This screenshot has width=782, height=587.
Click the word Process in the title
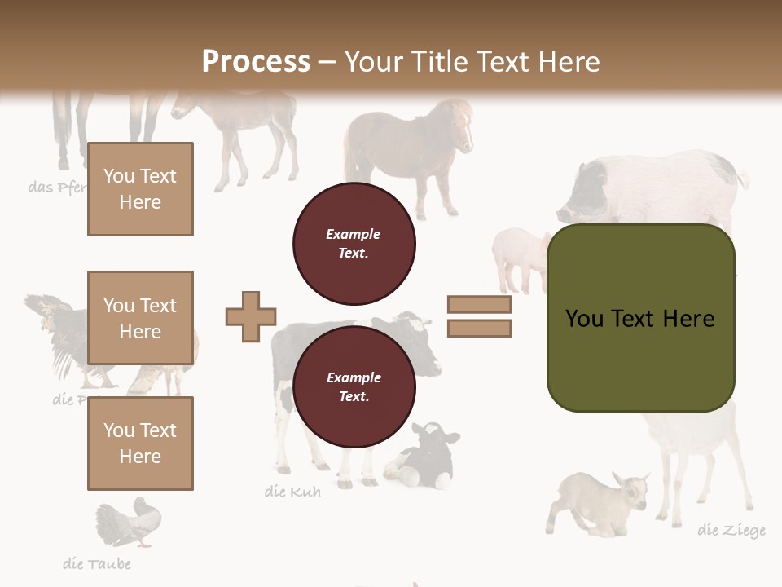tap(256, 62)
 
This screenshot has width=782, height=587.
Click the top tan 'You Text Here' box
tap(140, 189)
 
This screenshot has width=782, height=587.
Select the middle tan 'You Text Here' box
tap(140, 318)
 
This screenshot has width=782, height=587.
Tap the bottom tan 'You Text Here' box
tap(140, 444)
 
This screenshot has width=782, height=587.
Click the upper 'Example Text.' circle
tap(354, 244)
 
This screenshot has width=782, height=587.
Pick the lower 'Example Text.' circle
tap(354, 387)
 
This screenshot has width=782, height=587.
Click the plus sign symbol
tap(251, 316)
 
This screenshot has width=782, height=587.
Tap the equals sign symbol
tap(479, 316)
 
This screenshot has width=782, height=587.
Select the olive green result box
tap(640, 318)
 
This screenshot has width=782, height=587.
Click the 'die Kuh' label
tap(292, 492)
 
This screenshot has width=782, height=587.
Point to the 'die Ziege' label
tap(731, 531)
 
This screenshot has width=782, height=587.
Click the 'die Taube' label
tap(96, 564)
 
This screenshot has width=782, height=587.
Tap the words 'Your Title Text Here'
tap(472, 62)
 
